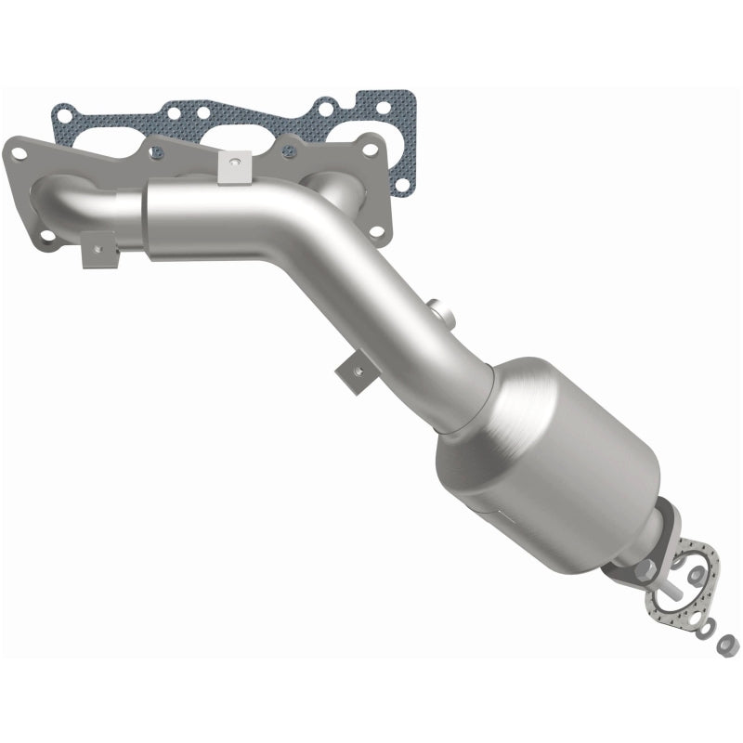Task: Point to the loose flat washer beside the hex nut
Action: tap(708, 629)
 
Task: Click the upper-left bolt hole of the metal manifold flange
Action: tap(19, 148)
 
